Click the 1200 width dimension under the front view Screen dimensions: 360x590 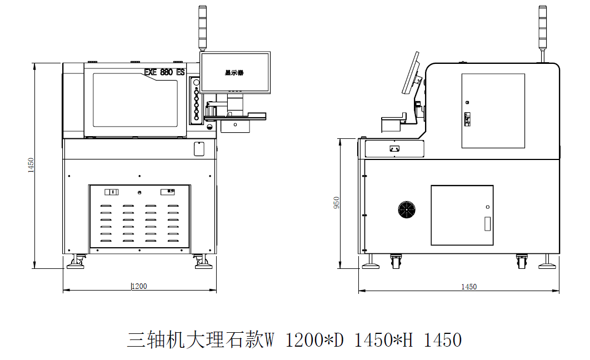(x=139, y=286)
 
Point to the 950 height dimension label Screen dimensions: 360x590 (x=336, y=203)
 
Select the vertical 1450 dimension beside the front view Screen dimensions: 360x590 (x=32, y=166)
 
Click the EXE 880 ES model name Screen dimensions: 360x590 (x=164, y=72)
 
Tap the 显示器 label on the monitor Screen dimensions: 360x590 (x=234, y=73)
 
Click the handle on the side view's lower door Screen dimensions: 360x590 (x=488, y=223)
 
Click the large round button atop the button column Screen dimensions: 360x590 (x=196, y=83)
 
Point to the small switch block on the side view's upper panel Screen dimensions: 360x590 (x=468, y=119)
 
